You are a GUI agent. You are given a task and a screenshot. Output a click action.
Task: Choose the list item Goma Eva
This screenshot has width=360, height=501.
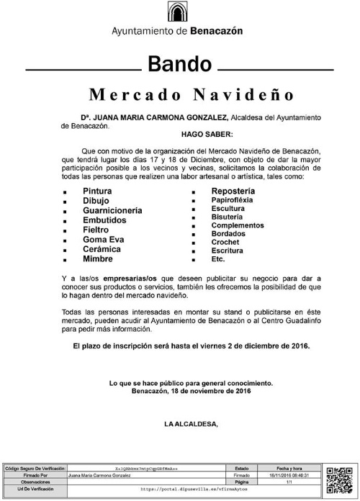click(x=104, y=239)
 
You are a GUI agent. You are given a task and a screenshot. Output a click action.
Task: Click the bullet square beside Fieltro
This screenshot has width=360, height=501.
click(x=65, y=230)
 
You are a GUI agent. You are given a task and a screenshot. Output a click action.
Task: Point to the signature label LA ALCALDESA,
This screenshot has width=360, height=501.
click(x=192, y=424)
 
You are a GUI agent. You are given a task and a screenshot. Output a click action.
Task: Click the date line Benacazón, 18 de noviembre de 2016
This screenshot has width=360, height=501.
click(x=192, y=391)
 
